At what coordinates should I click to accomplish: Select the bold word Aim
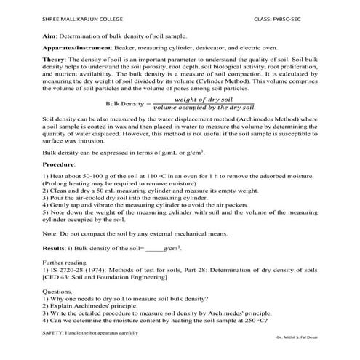pos(50,34)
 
